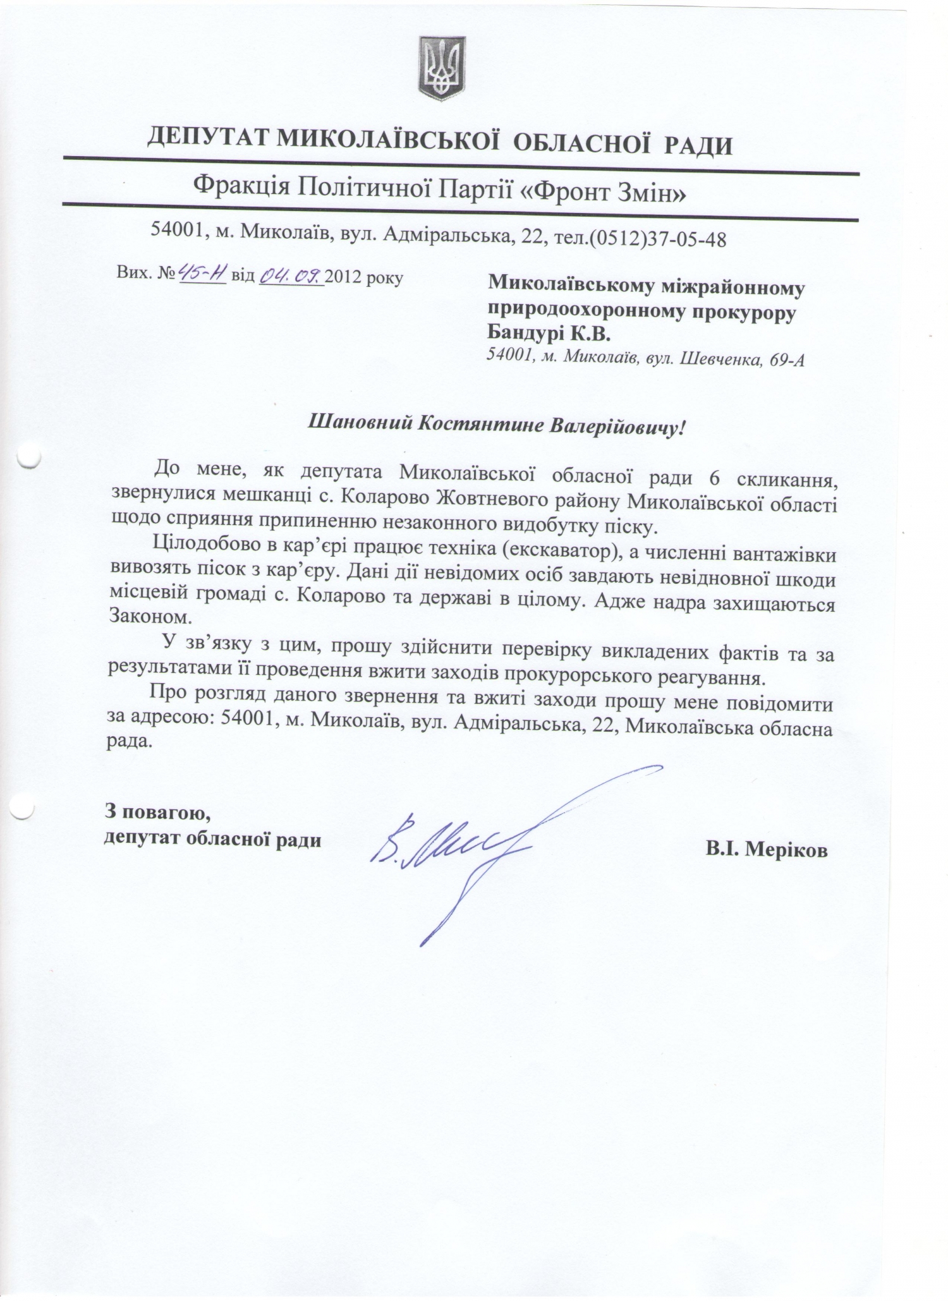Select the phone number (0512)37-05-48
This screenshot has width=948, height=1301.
657,239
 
